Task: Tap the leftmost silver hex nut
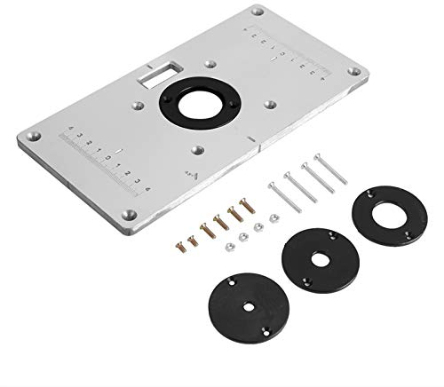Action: pyautogui.click(x=227, y=241)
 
